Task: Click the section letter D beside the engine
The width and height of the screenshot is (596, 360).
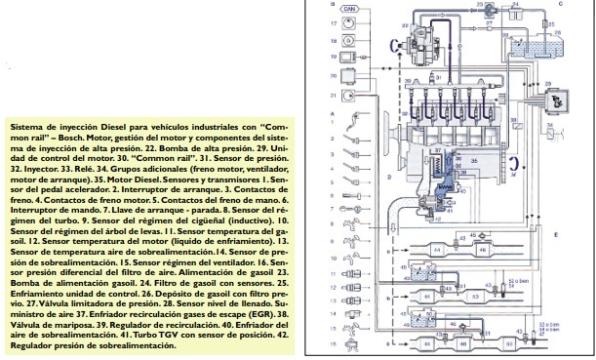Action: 388,178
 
